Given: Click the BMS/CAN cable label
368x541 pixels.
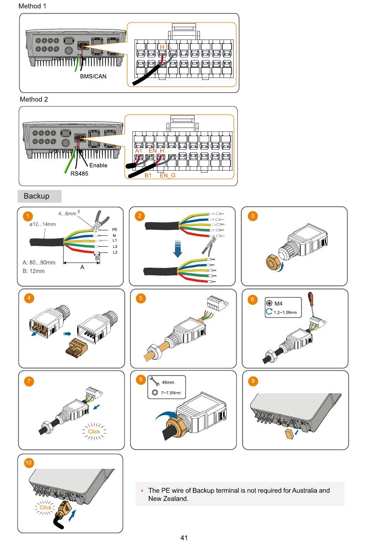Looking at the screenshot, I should (x=93, y=76).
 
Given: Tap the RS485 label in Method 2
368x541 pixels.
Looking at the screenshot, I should (x=79, y=173).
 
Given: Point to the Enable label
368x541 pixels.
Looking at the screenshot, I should (x=98, y=165).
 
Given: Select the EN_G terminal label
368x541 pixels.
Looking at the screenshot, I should (x=167, y=175).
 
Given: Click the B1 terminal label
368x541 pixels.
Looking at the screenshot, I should (x=148, y=175).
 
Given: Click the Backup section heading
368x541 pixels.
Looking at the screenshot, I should (x=36, y=196).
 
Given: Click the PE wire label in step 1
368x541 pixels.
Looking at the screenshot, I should (x=115, y=230).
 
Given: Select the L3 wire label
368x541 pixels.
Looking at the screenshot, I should (x=115, y=252).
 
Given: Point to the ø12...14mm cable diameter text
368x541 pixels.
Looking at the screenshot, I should (x=43, y=224).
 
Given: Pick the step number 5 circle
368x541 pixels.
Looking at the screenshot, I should (x=141, y=298).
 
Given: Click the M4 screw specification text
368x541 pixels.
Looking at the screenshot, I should (x=278, y=304).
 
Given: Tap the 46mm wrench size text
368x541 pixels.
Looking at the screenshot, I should (x=168, y=382).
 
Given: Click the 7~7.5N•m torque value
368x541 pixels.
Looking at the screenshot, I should (x=170, y=393).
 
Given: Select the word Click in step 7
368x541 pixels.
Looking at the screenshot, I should (x=94, y=432).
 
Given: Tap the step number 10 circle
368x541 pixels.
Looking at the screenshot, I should (x=29, y=463).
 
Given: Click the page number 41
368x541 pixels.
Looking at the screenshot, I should (x=184, y=538).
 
